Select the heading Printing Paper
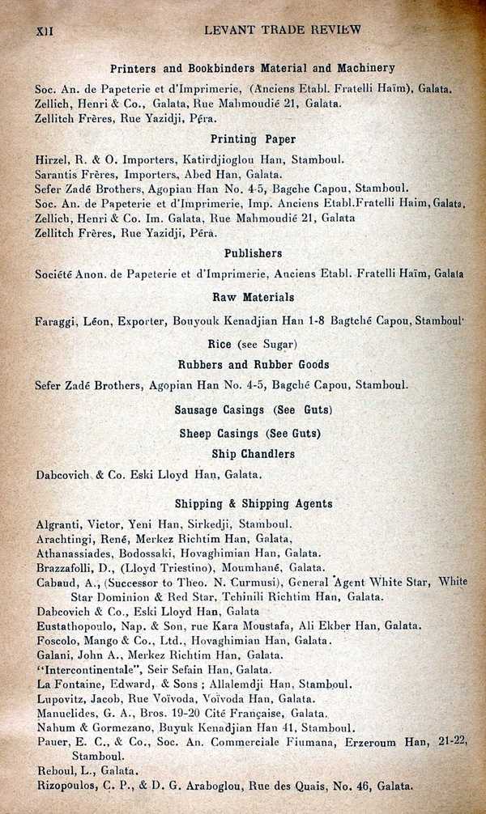coord(253,139)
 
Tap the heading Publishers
coord(253,253)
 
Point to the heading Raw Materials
coord(253,297)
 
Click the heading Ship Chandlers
coord(253,454)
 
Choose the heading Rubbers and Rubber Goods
coord(253,365)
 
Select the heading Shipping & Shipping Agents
coord(253,503)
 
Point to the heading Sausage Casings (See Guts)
coord(253,410)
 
